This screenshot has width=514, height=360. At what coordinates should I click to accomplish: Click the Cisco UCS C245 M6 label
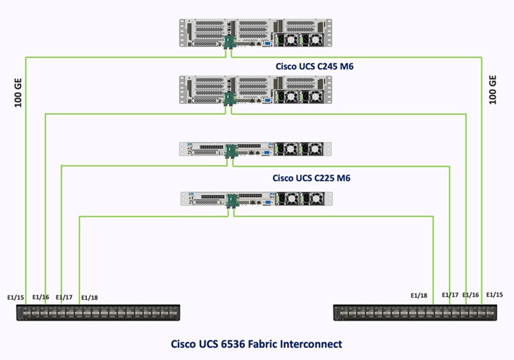(x=314, y=67)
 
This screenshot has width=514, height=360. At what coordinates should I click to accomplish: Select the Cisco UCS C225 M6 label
(x=311, y=178)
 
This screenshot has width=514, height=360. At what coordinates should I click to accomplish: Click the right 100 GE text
(x=494, y=89)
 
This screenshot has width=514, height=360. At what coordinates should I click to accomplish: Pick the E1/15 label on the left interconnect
(x=16, y=296)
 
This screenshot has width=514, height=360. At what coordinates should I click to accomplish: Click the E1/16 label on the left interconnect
(x=41, y=297)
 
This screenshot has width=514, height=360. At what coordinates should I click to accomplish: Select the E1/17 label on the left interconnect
(x=64, y=297)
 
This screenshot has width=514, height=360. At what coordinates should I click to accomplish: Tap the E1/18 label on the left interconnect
(x=89, y=298)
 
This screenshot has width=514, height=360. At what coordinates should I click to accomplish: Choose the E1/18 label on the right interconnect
(x=419, y=295)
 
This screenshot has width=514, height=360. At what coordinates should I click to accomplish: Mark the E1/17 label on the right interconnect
(x=450, y=295)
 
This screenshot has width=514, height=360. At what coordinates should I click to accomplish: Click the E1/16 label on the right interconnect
(x=471, y=295)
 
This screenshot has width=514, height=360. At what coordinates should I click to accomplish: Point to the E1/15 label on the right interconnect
(x=495, y=294)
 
